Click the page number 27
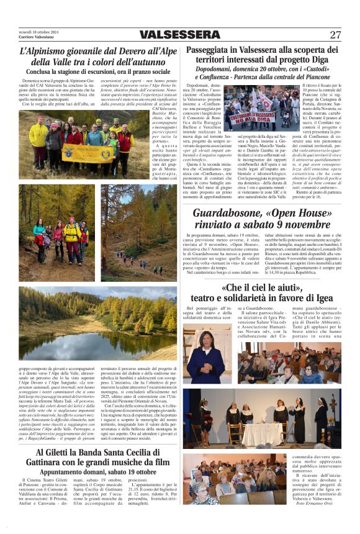(335, 34)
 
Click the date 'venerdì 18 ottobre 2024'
(38, 31)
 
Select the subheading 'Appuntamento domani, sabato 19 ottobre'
(96, 472)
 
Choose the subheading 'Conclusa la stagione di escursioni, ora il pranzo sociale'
(95, 71)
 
